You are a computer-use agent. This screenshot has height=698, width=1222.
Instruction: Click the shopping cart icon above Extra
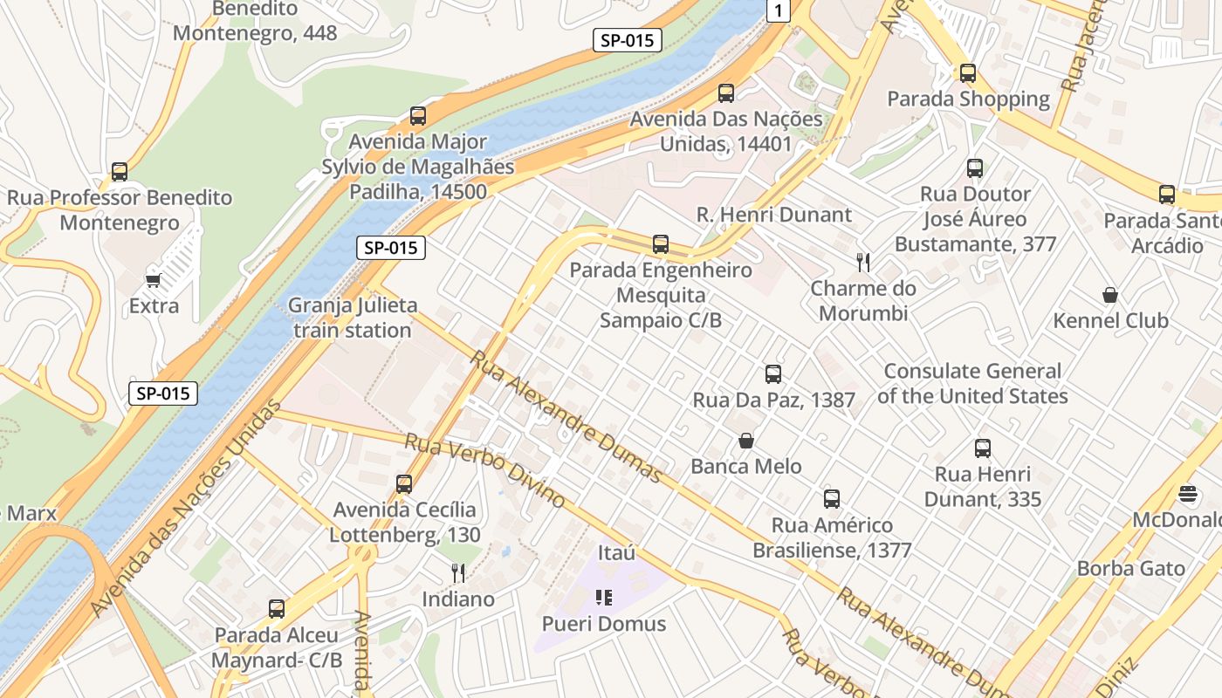point(154,280)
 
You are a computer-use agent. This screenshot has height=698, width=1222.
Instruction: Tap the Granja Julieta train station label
point(353,318)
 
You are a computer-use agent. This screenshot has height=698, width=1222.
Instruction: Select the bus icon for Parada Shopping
point(967,73)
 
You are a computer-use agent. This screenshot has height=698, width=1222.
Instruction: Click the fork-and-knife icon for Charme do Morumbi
point(863,262)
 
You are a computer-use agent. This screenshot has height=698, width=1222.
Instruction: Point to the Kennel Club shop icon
point(1110,295)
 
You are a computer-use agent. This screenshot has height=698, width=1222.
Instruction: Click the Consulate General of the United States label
point(972,383)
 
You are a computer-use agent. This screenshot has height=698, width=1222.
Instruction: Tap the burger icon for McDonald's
point(1187,494)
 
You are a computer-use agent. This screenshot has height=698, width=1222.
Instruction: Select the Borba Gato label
point(1130,569)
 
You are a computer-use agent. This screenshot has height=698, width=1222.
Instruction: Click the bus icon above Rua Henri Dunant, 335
point(983,448)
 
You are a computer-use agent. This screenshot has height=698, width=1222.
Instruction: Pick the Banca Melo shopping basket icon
point(746,441)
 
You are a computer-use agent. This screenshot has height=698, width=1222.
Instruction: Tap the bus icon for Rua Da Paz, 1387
point(773,374)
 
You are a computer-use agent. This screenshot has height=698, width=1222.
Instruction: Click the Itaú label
point(616,553)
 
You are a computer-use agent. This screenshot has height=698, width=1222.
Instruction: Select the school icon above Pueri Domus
point(604,598)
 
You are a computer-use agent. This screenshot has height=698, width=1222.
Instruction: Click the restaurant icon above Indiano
point(458,572)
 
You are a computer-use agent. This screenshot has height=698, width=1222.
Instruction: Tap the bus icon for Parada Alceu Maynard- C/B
point(277,609)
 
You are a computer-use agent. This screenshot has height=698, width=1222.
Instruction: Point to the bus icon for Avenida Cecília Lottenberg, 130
point(403,483)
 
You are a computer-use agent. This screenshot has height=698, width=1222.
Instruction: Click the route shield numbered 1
point(779,10)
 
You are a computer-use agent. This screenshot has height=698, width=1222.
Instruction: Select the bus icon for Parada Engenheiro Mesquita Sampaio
point(661,244)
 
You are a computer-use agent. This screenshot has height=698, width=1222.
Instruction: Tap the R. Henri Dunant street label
point(773,215)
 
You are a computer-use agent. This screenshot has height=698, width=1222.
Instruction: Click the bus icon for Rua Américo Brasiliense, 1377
point(832,499)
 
